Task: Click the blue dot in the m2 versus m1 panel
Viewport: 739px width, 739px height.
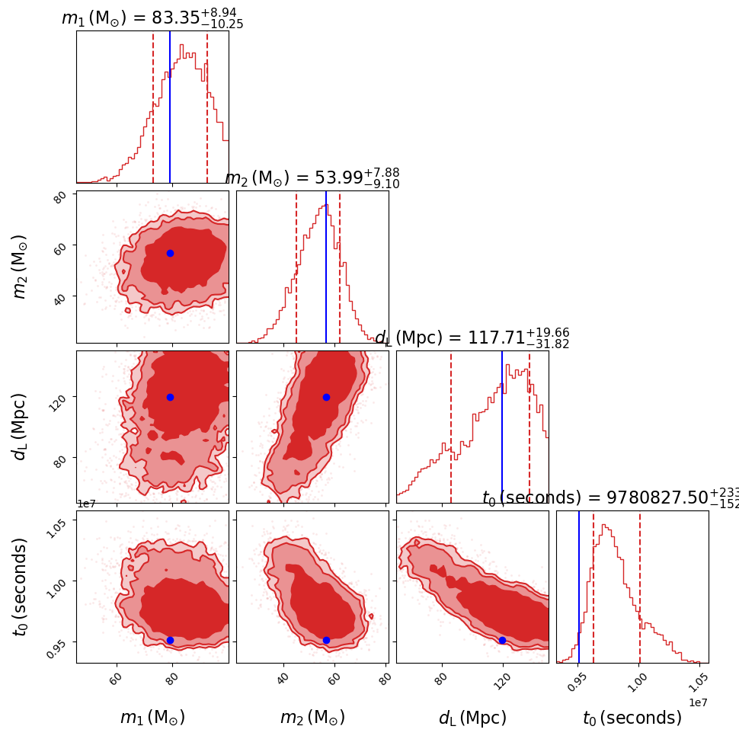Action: pos(170,253)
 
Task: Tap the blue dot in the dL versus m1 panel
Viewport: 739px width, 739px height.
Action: pos(170,397)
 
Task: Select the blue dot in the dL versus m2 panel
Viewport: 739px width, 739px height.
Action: pos(326,397)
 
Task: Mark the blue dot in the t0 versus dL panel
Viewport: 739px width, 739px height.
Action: pos(502,640)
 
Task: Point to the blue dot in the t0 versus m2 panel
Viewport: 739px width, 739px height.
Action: pos(326,640)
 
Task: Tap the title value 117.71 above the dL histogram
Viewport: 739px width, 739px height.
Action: pos(496,338)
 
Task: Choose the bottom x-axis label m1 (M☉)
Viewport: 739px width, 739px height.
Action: pos(152,718)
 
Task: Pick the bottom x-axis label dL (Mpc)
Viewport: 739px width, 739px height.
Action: pos(472,718)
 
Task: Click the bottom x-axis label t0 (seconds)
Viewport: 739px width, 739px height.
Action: pos(632,718)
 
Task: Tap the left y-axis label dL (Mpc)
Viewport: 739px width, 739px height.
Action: pos(20,427)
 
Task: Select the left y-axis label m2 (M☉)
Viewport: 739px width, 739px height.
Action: pos(20,267)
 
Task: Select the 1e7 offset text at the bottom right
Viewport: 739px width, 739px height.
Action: pos(699,702)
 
